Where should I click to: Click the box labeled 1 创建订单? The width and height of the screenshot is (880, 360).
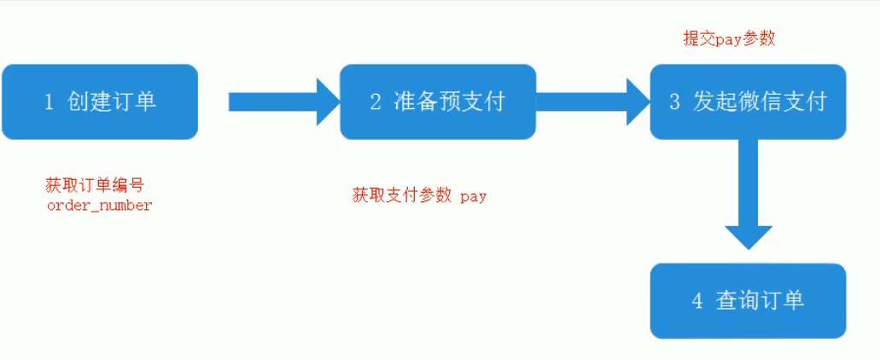[x=99, y=102]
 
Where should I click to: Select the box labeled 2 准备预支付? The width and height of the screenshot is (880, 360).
[x=438, y=102]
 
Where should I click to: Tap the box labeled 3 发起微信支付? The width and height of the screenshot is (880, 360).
[x=748, y=102]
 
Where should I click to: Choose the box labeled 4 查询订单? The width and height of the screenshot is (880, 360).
[x=748, y=300]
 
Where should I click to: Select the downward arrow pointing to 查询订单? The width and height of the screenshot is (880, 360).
[x=748, y=200]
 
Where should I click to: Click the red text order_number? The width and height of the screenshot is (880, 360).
[x=99, y=206]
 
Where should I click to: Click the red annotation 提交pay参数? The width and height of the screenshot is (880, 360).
[x=729, y=38]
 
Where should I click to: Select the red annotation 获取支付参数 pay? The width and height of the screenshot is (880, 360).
[x=419, y=195]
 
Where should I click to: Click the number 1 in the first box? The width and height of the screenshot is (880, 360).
[x=49, y=102]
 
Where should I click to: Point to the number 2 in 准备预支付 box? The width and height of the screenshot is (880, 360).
[x=376, y=102]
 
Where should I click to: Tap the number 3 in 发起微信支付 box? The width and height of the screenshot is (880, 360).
[x=674, y=102]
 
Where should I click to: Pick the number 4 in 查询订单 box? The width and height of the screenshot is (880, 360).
[x=697, y=301]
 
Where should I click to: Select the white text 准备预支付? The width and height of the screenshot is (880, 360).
[x=449, y=102]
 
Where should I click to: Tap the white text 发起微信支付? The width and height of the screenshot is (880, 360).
[x=760, y=102]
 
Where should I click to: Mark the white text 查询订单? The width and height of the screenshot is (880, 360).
[x=760, y=300]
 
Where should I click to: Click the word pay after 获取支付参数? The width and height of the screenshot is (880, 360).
[x=473, y=196]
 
